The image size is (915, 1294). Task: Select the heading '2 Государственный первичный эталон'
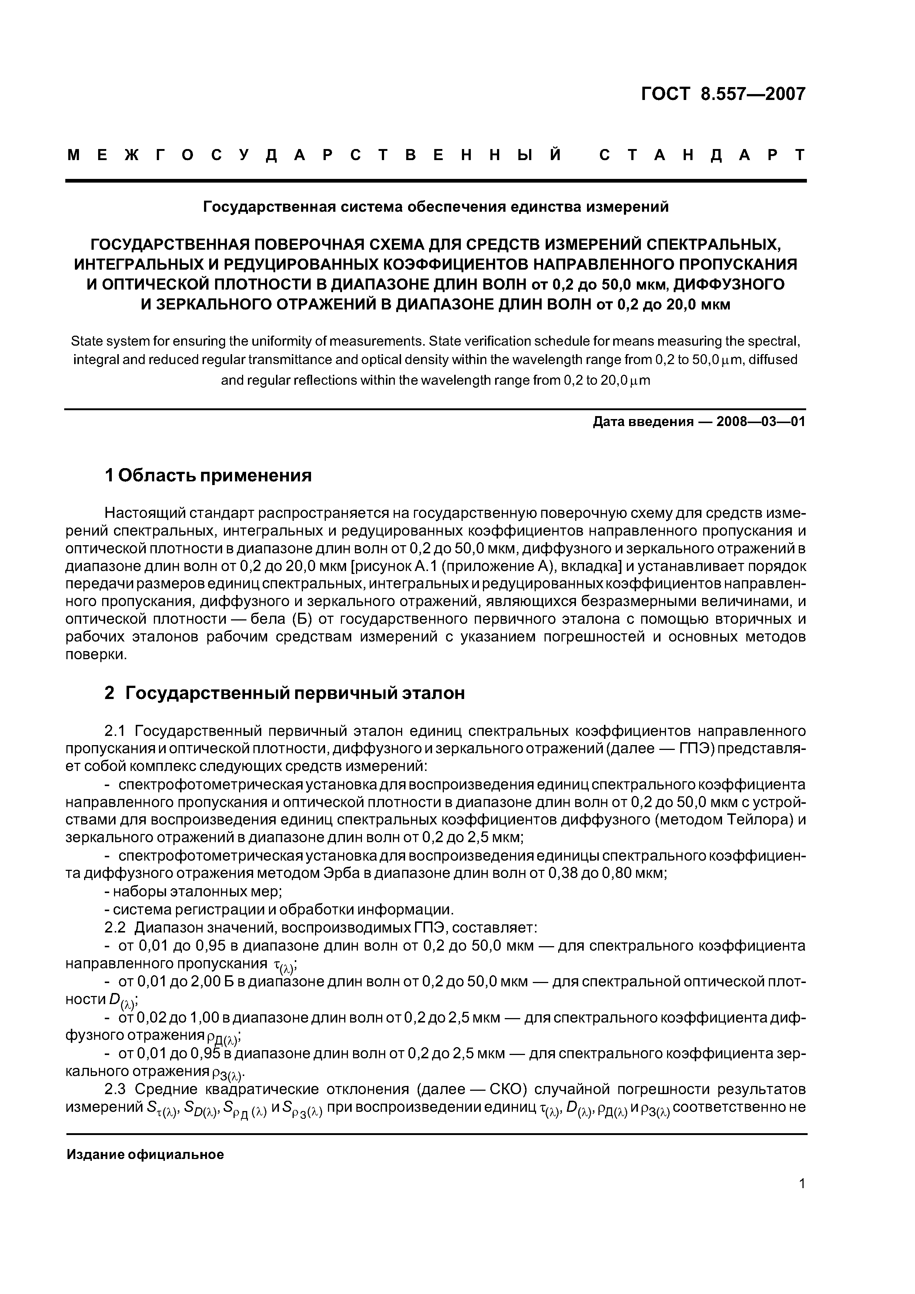click(285, 693)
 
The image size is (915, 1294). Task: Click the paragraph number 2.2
click(116, 928)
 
